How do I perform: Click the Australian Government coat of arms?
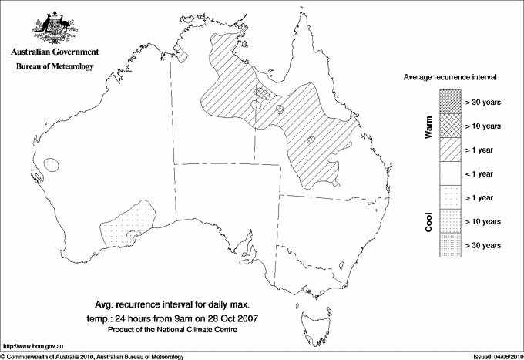pos(54,26)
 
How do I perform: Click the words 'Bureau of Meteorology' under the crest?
pos(55,67)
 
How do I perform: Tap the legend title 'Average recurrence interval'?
pos(455,79)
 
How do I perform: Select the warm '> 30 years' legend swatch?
pos(450,101)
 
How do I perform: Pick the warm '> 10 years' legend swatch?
pos(450,125)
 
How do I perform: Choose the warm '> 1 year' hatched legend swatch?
pos(450,149)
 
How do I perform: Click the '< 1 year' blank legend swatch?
pos(450,173)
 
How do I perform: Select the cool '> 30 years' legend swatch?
pos(450,244)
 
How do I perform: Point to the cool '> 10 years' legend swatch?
pos(450,220)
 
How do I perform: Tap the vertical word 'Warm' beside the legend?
pos(429,127)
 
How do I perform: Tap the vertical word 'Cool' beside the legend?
pos(429,220)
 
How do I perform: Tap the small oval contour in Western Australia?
pos(52,164)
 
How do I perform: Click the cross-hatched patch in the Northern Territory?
pos(263,93)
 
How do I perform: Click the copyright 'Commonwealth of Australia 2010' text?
pos(92,355)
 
